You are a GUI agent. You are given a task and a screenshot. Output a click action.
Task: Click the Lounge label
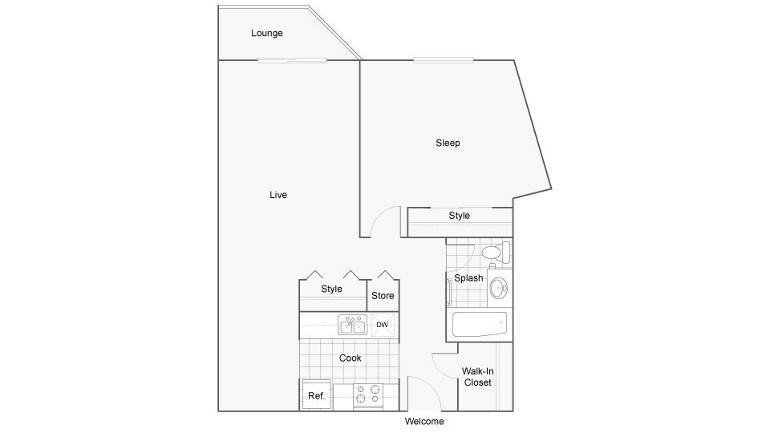[x=266, y=34]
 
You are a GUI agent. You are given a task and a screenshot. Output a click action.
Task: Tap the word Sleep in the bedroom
[x=448, y=144]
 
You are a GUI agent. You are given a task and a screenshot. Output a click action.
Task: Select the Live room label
[x=278, y=195]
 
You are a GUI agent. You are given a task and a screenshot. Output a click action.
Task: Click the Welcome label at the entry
[x=424, y=422]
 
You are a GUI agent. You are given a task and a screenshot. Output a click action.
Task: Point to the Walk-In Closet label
[x=476, y=377]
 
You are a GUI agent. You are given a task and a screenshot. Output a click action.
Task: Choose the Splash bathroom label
[x=468, y=278]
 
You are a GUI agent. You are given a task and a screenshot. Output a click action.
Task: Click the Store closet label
[x=383, y=296]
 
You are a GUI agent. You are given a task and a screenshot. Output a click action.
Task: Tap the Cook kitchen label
[x=350, y=358]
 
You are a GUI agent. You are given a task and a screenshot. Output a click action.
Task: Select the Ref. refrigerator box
[x=315, y=396]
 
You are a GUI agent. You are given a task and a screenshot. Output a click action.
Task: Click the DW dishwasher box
[x=383, y=325]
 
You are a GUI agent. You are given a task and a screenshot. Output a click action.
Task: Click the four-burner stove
[x=368, y=394]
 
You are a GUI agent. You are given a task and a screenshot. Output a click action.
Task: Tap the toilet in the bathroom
[x=495, y=253]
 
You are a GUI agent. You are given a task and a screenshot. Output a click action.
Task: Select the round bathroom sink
[x=499, y=286]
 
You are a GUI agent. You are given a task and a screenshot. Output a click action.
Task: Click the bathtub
[x=480, y=325]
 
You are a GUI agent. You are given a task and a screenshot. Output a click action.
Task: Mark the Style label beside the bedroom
[x=460, y=216]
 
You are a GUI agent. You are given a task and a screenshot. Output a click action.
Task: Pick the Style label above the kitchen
[x=331, y=289]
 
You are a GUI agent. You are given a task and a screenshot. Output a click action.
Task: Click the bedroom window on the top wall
[x=443, y=60]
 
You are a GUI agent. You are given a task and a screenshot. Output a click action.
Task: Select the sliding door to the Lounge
[x=292, y=60]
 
